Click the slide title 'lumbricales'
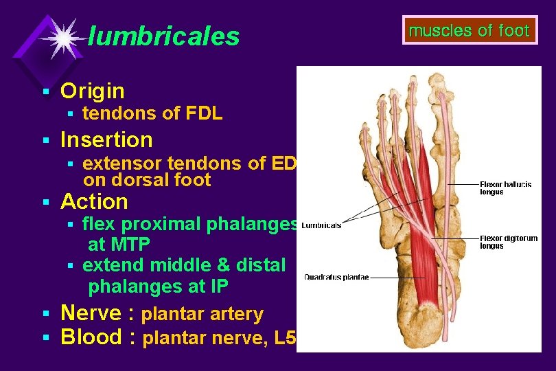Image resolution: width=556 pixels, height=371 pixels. [x=164, y=36]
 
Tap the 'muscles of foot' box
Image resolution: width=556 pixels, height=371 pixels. [x=470, y=31]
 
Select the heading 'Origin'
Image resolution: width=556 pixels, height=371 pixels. [x=93, y=91]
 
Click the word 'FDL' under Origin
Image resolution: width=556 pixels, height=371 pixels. [x=204, y=114]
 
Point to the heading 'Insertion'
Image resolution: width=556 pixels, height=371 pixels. [x=106, y=140]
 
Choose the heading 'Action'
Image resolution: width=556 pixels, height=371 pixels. [x=94, y=202]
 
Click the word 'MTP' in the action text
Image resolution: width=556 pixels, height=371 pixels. [x=129, y=244]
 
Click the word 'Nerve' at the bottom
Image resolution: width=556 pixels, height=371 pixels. [x=91, y=314]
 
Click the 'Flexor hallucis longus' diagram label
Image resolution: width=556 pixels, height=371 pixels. [x=500, y=188]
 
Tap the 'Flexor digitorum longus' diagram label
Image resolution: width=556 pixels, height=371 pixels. [x=508, y=242]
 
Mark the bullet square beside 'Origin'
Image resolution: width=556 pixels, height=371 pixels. [x=45, y=91]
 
